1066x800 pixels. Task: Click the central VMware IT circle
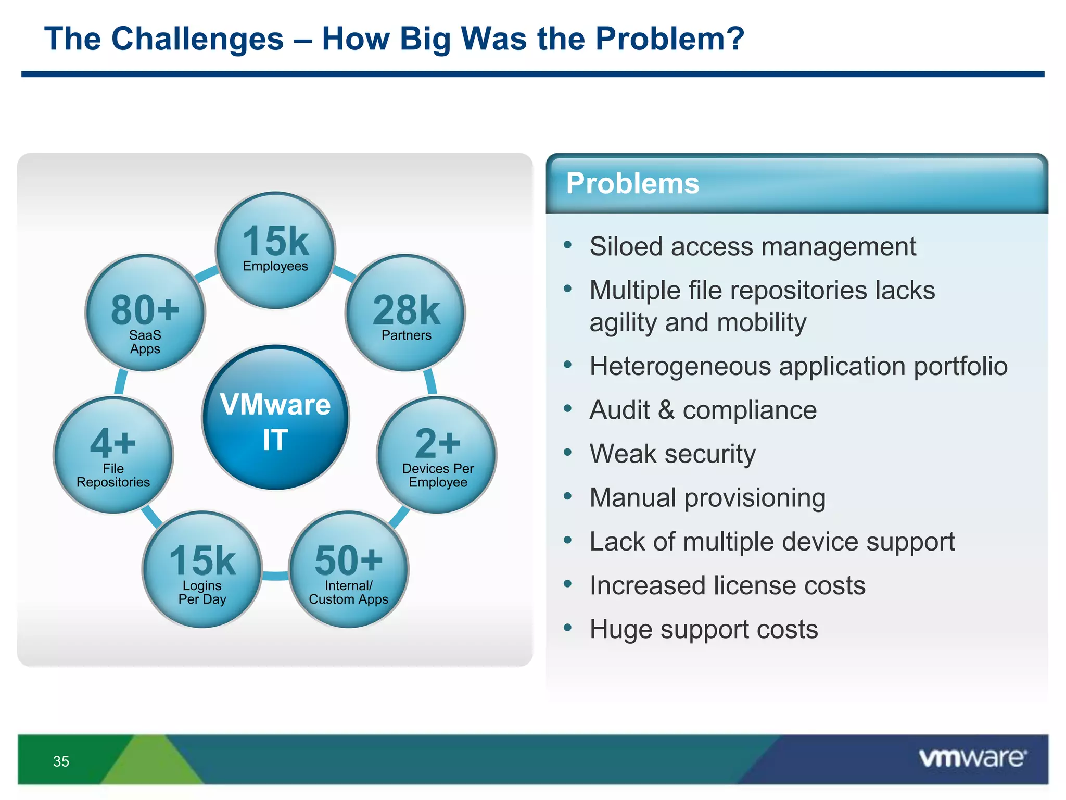click(x=275, y=418)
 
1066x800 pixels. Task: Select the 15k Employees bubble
click(x=275, y=251)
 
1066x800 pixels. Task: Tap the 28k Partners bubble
click(x=405, y=313)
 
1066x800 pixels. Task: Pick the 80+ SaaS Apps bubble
click(x=145, y=313)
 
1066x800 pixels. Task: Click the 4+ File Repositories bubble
click(x=113, y=455)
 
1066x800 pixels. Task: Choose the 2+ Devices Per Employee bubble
click(x=437, y=455)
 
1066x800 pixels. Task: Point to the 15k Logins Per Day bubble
click(x=202, y=569)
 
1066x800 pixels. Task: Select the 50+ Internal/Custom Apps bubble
click(x=349, y=569)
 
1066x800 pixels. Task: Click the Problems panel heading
click(x=632, y=184)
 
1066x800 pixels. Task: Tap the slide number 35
click(x=61, y=761)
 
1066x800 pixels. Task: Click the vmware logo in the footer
click(x=972, y=758)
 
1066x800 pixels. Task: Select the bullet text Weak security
click(x=672, y=454)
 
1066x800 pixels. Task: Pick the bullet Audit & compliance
click(x=703, y=410)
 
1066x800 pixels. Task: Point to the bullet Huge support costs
click(x=704, y=629)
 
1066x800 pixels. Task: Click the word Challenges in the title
click(x=197, y=39)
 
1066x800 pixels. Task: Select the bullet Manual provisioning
click(x=707, y=497)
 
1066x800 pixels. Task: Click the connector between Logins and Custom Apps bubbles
click(x=275, y=576)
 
